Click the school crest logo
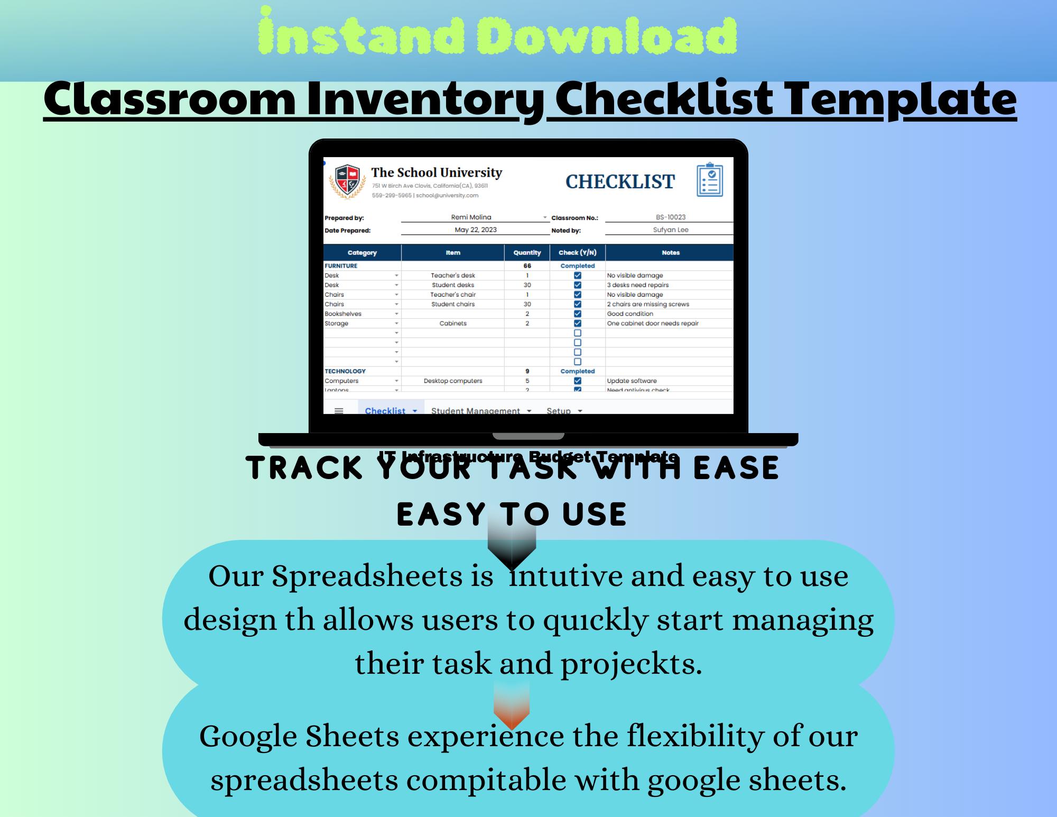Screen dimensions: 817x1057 pos(347,181)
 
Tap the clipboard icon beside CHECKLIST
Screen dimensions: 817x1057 pos(709,180)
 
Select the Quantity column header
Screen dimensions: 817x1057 pos(527,253)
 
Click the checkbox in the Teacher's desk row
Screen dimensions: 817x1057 pos(578,276)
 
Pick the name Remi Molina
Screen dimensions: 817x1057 pos(471,217)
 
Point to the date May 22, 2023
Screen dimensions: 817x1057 pos(476,230)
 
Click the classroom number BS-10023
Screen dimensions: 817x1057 pos(671,217)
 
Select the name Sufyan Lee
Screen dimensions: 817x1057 pos(671,230)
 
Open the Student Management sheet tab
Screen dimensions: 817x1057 pos(476,410)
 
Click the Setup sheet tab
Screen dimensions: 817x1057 pos(559,410)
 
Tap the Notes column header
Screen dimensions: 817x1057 pos(670,253)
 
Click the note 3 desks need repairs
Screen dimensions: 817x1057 pos(637,285)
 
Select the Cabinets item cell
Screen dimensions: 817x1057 pos(453,324)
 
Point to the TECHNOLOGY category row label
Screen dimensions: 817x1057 pos(345,371)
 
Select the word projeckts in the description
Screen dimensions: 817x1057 pos(631,664)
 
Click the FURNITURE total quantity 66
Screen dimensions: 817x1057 pos(527,266)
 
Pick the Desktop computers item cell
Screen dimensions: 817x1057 pos(453,381)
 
